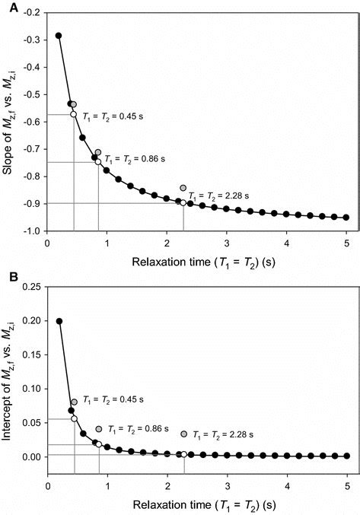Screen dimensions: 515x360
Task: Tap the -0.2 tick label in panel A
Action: pyautogui.click(x=32, y=13)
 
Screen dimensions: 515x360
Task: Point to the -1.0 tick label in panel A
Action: pyautogui.click(x=32, y=230)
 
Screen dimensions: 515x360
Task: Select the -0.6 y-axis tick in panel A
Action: pyautogui.click(x=32, y=122)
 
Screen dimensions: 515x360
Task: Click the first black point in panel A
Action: pyautogui.click(x=59, y=36)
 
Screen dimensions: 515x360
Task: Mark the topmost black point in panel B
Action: pyautogui.click(x=59, y=321)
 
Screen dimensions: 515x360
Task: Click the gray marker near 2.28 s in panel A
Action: pyautogui.click(x=183, y=188)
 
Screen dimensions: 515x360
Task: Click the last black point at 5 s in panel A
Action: pyautogui.click(x=346, y=218)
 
